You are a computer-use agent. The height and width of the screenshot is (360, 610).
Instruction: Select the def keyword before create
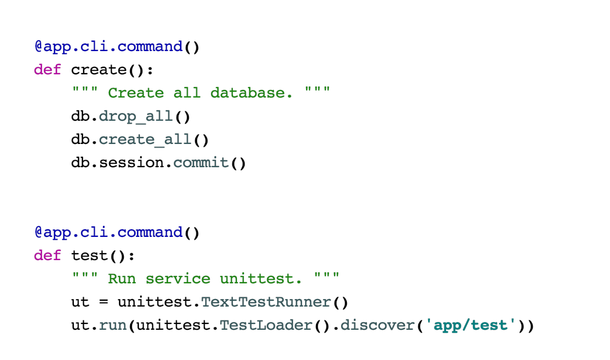coord(48,70)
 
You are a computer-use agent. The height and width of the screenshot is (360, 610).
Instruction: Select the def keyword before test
coord(48,255)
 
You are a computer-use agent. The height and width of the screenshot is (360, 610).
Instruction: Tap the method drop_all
coord(136,116)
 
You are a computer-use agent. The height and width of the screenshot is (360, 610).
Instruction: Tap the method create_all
coord(145,139)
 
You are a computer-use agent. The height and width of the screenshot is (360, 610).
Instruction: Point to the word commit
coord(201,163)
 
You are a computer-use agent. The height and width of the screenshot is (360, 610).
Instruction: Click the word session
coord(136,163)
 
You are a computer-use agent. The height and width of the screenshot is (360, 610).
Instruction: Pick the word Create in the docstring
coord(136,93)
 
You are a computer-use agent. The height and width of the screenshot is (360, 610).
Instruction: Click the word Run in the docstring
coord(122,279)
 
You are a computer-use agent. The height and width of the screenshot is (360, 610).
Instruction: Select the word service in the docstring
coord(178,279)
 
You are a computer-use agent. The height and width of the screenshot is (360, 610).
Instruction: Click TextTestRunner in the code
coord(266,302)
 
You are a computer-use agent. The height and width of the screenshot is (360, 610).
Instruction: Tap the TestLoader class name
coord(266,325)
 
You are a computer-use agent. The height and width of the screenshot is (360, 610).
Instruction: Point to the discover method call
coord(378,325)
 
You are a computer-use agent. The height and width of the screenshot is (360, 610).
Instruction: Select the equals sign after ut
coord(103,302)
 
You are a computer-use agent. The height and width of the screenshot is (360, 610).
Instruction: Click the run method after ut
coord(113,325)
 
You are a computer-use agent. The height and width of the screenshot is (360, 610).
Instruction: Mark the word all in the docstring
coord(187,93)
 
